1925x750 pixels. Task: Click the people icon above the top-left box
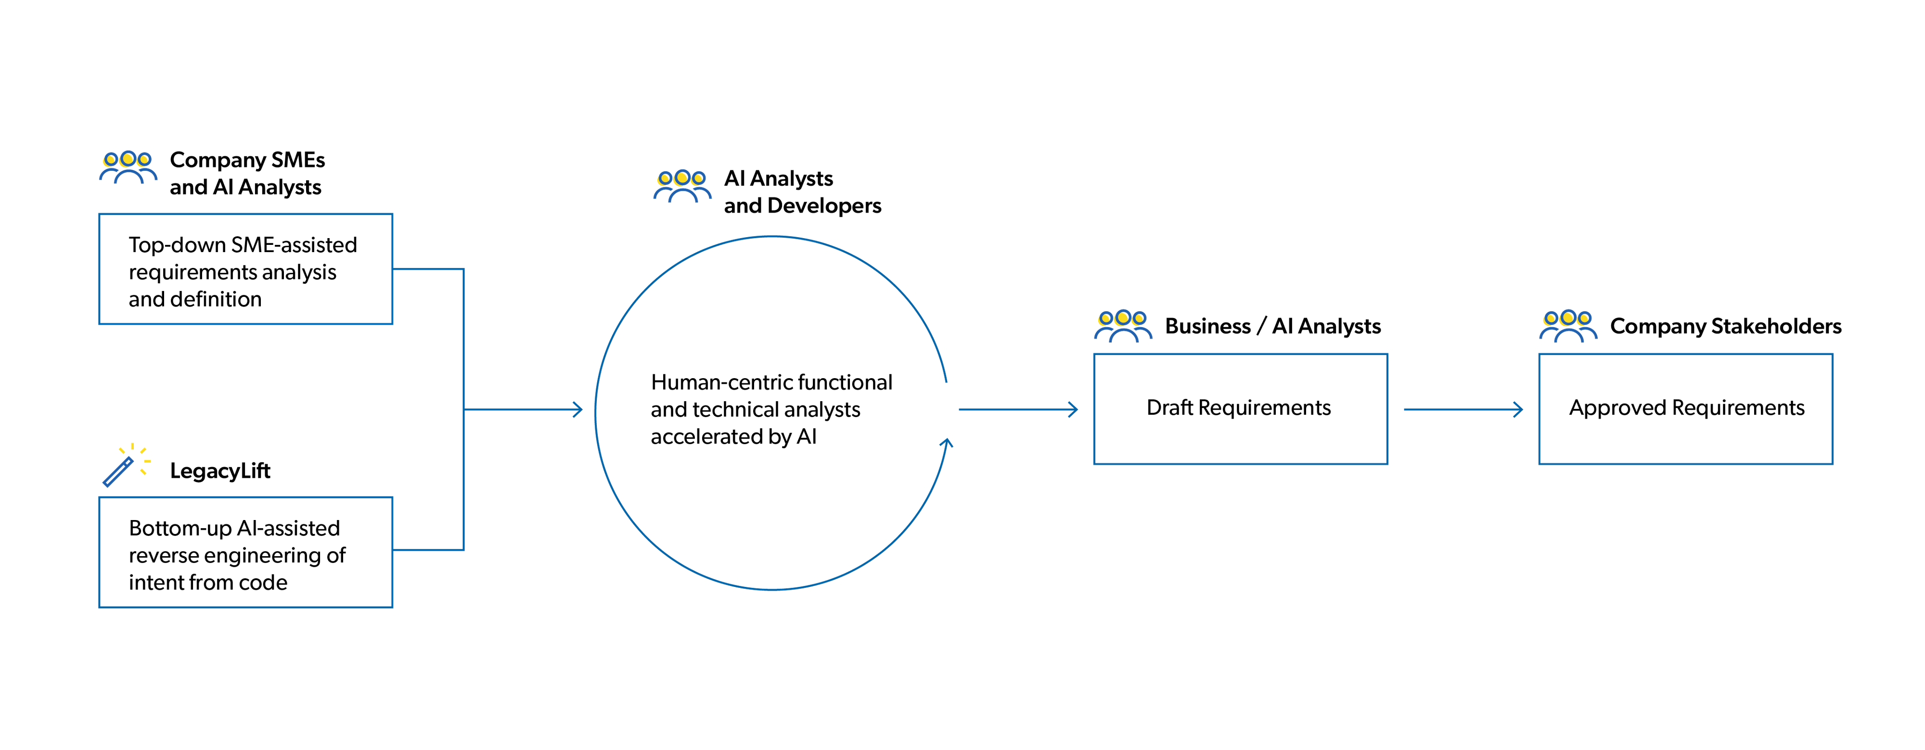point(128,166)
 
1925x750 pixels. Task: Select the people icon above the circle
point(682,186)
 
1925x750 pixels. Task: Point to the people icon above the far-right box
point(1568,325)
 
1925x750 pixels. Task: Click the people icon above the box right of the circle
point(1123,325)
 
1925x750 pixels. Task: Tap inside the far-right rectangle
point(1685,409)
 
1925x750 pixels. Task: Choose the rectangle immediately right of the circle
point(1241,409)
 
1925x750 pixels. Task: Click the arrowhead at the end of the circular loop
point(947,443)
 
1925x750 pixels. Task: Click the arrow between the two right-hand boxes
point(1463,409)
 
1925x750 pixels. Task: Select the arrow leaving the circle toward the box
point(1018,409)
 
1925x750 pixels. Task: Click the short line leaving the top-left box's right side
point(428,269)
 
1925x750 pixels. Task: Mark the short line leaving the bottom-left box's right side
point(428,550)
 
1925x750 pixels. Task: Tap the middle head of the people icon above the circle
point(681,178)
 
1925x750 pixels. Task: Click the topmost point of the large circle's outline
point(771,236)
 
